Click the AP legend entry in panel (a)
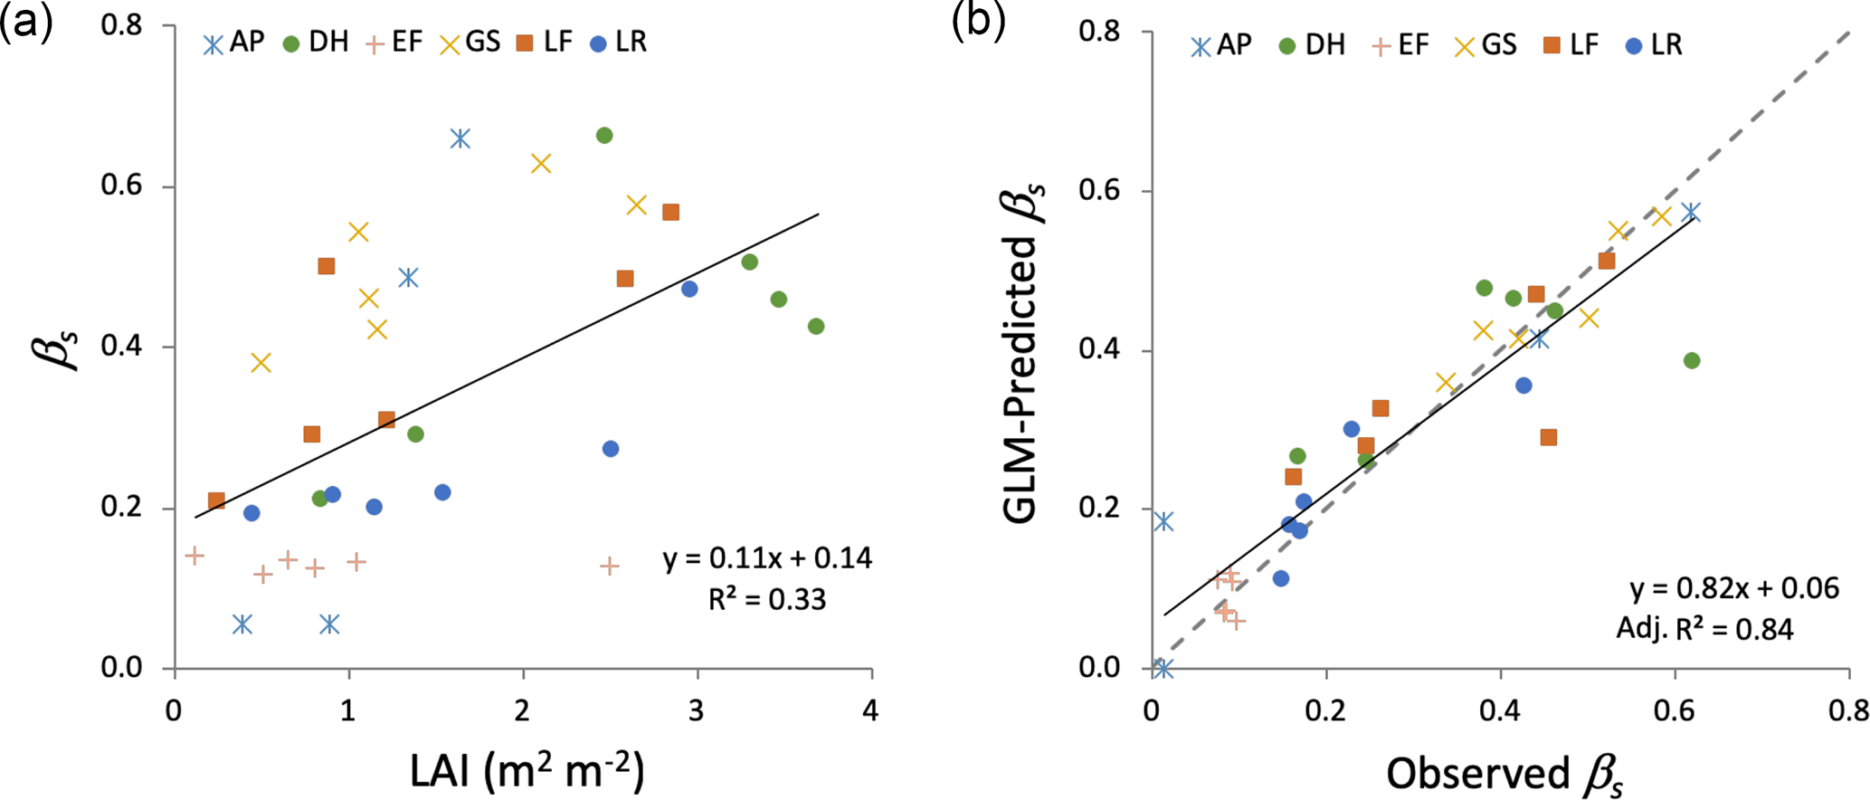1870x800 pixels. coord(233,43)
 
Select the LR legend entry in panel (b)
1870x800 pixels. coord(1654,44)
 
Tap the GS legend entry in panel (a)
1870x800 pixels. coord(470,43)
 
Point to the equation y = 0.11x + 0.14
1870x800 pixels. coord(767,558)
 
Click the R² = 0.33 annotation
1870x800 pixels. coord(767,599)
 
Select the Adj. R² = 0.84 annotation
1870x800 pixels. coord(1704,629)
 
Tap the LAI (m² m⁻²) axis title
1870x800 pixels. coord(527,772)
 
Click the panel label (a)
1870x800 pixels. coord(26,21)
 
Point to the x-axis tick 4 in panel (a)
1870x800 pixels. coord(870,710)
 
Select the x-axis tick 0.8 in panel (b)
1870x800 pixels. coord(1847,710)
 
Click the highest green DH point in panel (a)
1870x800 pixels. coord(604,136)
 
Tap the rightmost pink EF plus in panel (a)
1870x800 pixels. coord(610,567)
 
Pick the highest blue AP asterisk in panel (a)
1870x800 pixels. coord(460,138)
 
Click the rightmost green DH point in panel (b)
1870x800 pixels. coord(1692,361)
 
